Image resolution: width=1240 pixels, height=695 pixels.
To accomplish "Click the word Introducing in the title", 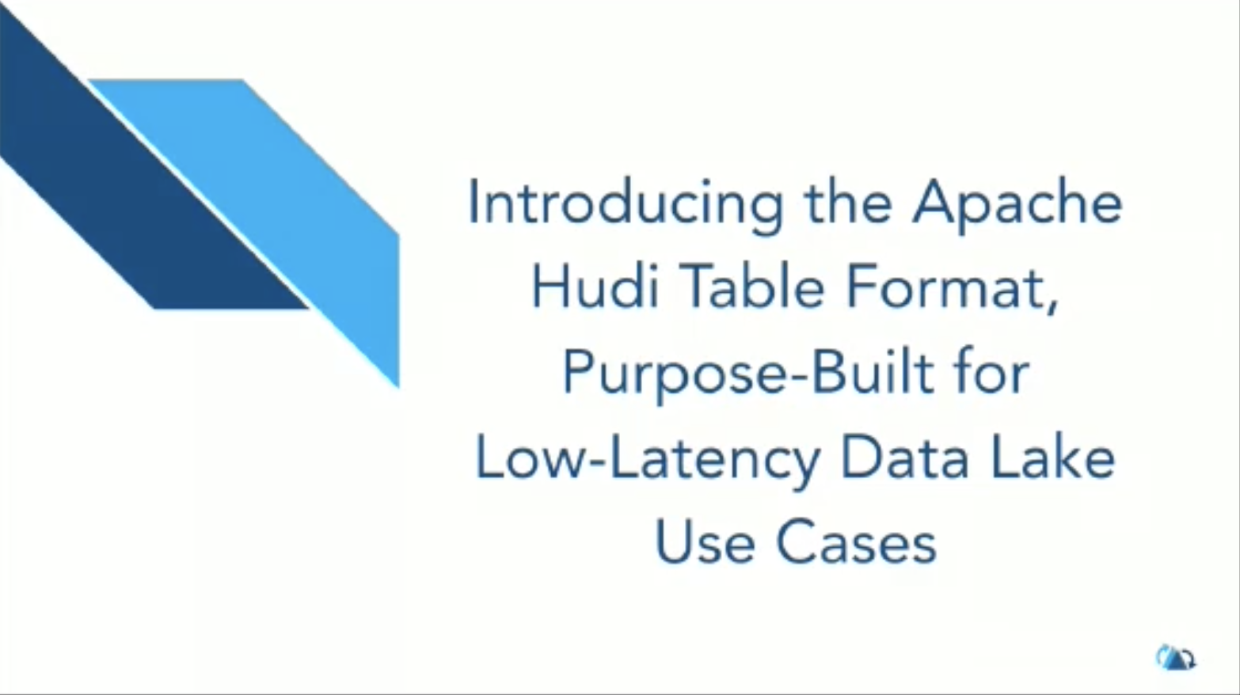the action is [626, 206].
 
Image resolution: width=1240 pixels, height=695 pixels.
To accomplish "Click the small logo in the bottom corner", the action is [1175, 658].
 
